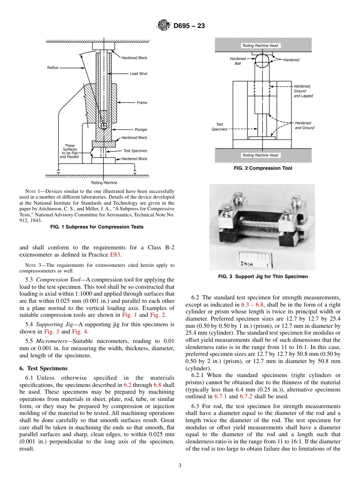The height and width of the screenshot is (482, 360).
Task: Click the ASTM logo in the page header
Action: click(x=164, y=26)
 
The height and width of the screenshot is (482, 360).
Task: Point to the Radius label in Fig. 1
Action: click(x=53, y=67)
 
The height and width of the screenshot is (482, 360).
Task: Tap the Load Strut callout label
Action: click(x=138, y=74)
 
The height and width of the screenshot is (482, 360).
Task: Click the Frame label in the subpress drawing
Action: click(x=142, y=103)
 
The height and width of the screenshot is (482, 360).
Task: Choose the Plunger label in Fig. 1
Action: click(x=141, y=130)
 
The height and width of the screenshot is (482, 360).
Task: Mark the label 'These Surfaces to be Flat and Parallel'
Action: click(x=70, y=151)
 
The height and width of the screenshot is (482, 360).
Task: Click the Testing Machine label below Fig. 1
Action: click(x=104, y=183)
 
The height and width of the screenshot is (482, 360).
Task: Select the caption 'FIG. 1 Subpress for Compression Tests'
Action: click(x=97, y=227)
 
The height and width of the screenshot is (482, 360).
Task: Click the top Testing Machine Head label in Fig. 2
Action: click(x=260, y=46)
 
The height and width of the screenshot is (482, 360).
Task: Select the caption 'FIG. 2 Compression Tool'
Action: click(x=263, y=168)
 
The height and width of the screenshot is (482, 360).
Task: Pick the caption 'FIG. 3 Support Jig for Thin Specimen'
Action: click(x=263, y=277)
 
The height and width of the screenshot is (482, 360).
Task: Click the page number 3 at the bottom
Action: click(x=180, y=466)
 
